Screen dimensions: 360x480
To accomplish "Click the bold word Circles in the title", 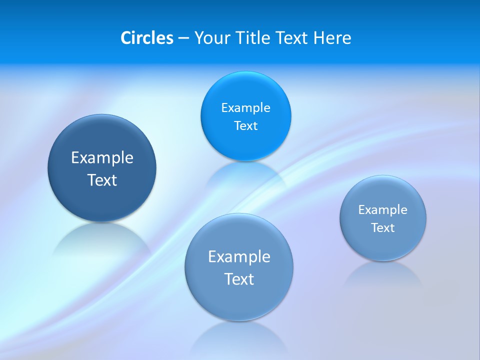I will coord(146,38).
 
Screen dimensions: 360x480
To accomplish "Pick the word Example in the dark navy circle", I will coord(102,158).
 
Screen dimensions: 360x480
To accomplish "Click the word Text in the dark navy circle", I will coord(102,180).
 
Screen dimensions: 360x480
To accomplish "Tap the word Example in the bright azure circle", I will coord(245,108).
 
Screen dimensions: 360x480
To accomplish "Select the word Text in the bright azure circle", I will coord(245,126).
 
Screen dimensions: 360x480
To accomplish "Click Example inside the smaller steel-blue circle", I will coord(382,210).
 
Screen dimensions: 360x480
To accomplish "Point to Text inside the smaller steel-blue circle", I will coord(382,228).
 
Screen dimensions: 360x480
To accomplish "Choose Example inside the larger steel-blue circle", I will coord(239,257).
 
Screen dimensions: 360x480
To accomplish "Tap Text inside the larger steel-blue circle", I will coord(239,279).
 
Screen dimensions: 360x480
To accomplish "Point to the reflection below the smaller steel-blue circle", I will coord(382,274).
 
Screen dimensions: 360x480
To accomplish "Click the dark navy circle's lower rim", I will coord(102,219).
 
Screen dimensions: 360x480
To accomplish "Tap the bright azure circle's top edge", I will coord(245,73).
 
